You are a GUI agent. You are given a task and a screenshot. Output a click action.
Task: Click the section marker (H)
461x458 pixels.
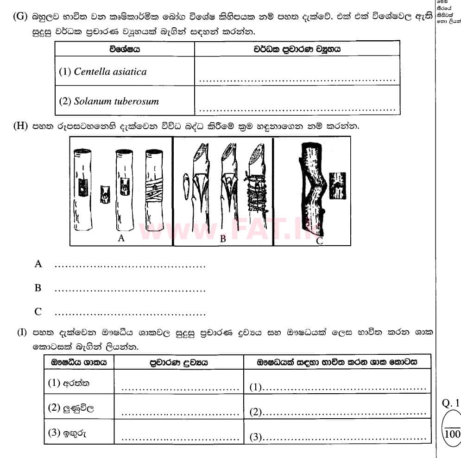pos(21,126)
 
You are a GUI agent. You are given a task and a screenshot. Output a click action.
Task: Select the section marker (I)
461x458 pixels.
pos(22,333)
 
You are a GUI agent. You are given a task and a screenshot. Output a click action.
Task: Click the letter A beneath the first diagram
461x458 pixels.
pos(121,238)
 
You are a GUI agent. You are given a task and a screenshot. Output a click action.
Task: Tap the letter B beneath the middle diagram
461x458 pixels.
pos(223,239)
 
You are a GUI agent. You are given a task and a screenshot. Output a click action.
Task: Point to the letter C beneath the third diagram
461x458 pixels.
pos(319,241)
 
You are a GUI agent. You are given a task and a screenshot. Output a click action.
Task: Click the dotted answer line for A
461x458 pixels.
pos(130,266)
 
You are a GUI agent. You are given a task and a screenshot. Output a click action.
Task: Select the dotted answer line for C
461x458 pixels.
pos(130,315)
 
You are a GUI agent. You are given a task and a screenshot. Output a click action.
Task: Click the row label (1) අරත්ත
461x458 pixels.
pos(69,383)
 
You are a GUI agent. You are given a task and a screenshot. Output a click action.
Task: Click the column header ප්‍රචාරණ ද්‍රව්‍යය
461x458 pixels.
pos(178,362)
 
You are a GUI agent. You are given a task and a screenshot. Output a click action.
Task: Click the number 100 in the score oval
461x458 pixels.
pos(452,434)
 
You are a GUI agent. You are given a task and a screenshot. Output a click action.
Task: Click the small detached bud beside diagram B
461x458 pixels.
pos(186,185)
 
